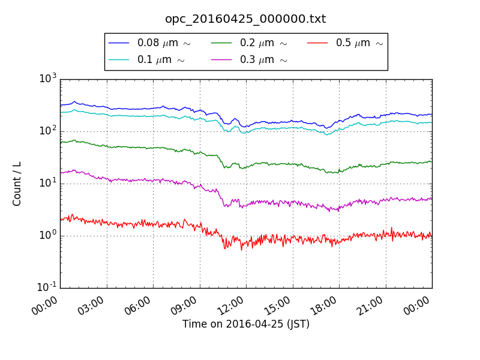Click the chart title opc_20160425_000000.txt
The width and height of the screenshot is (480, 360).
(x=245, y=19)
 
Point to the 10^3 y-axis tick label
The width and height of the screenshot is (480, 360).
(x=48, y=78)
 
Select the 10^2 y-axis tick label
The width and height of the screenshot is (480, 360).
(x=48, y=130)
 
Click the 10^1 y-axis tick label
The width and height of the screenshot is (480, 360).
(x=48, y=182)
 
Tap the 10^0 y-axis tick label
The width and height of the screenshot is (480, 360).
(x=48, y=235)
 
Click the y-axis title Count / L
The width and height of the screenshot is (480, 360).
(x=17, y=184)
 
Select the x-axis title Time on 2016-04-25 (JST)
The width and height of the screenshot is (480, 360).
(x=245, y=325)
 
